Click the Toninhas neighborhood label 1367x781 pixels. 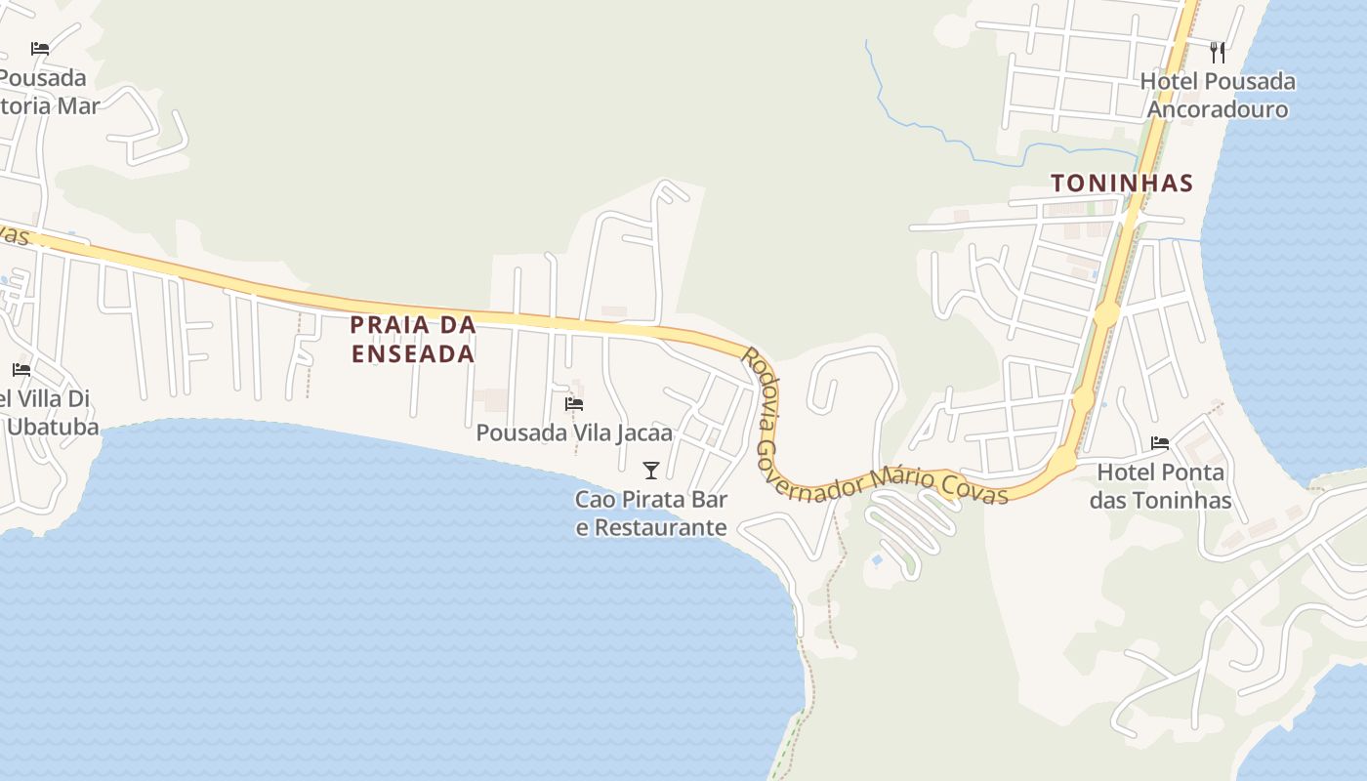pos(1122,183)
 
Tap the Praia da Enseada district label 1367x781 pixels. pos(413,339)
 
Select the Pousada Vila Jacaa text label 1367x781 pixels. pos(574,432)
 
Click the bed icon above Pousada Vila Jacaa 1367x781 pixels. pos(574,403)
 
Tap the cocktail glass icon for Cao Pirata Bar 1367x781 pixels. pos(651,471)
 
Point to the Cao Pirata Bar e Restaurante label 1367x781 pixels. pos(651,514)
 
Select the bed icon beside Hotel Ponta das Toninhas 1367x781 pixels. pos(1160,443)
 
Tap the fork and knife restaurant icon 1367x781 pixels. pos(1218,52)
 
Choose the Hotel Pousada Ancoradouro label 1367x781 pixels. pos(1218,95)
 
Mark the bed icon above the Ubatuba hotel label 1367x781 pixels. pos(21,370)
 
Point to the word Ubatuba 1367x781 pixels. pos(53,428)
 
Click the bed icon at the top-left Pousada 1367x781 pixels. pos(40,48)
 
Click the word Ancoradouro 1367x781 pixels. pos(1218,108)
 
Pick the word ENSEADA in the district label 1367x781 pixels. pos(413,353)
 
